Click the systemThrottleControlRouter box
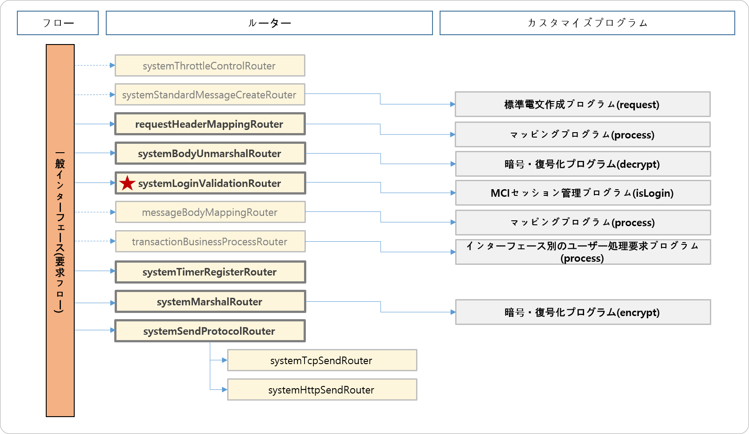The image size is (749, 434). tap(210, 66)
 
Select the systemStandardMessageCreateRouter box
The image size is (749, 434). tap(210, 95)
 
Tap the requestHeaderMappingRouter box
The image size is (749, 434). tap(210, 124)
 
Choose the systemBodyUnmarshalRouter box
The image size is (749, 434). tap(210, 154)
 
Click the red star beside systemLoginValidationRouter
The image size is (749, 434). tap(127, 183)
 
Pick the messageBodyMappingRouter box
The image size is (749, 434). tap(210, 212)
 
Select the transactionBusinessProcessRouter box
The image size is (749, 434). tap(210, 242)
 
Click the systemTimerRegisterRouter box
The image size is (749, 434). tap(210, 272)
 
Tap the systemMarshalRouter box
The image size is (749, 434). tap(210, 302)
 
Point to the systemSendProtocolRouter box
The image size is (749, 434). tap(210, 331)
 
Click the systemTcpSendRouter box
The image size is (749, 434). tap(322, 361)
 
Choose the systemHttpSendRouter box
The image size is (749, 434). tap(322, 390)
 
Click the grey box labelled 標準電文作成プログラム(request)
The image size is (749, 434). tap(582, 105)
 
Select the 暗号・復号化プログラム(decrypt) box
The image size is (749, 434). tap(582, 164)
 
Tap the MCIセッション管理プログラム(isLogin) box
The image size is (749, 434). tap(582, 193)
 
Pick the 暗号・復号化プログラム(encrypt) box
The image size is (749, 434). tap(582, 312)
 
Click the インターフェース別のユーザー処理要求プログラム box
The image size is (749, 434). tap(582, 252)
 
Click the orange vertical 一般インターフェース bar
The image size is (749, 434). tap(60, 231)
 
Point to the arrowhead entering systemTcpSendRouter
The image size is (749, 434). tap(224, 360)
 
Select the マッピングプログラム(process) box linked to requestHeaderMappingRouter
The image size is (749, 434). tap(582, 135)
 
